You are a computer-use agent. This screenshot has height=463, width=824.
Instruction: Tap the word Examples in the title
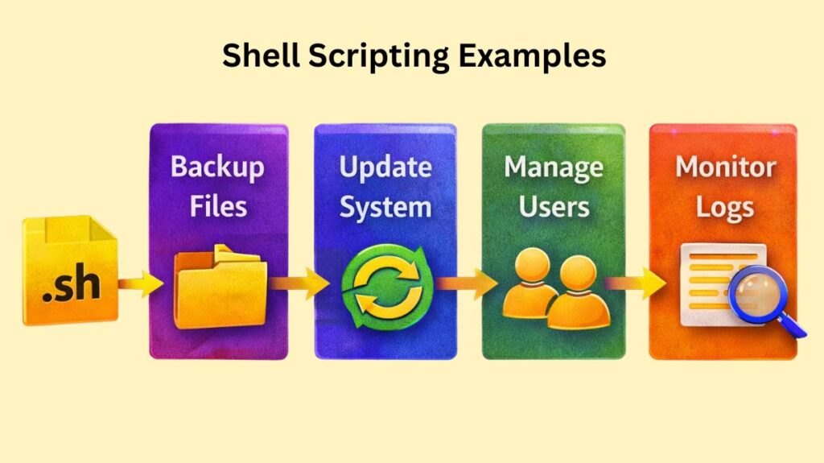click(x=534, y=56)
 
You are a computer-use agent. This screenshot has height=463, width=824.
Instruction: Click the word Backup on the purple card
click(x=217, y=167)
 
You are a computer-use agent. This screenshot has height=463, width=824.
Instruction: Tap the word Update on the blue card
click(x=385, y=167)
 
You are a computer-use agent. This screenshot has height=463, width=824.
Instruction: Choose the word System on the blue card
click(x=385, y=207)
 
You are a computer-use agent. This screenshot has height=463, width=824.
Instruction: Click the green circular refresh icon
click(x=387, y=286)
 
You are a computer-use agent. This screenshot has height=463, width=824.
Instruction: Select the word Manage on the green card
click(x=553, y=167)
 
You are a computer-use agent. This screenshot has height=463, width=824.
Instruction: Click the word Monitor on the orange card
click(x=724, y=167)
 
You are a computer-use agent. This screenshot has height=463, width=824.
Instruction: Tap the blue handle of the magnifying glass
click(x=793, y=325)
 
